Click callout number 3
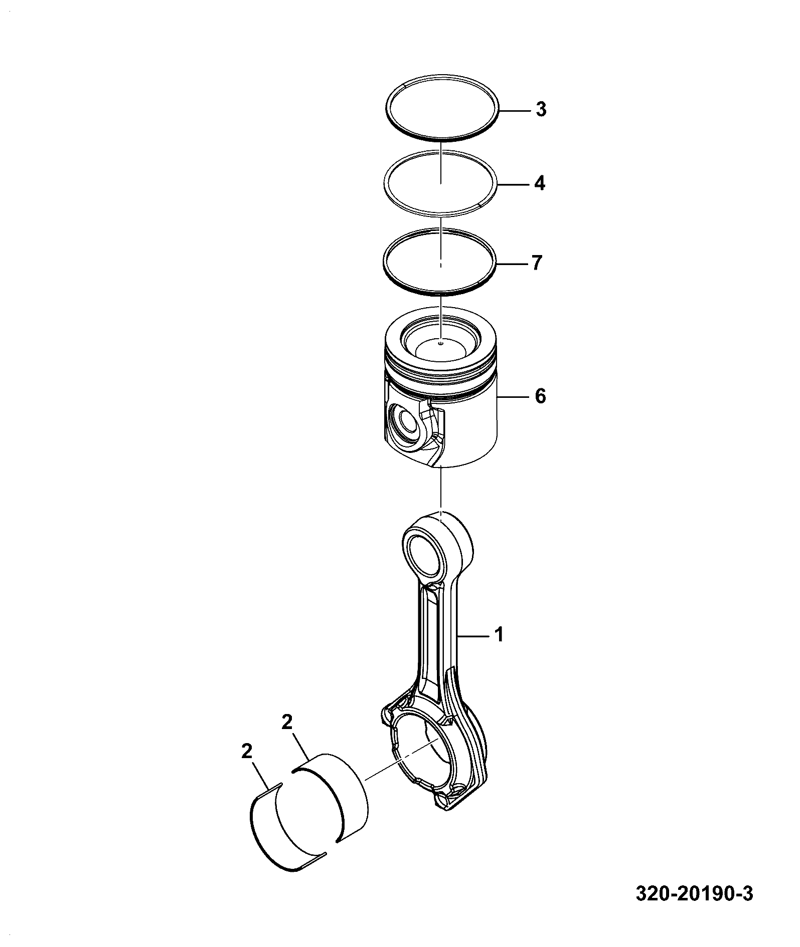tap(540, 110)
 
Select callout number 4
tap(539, 184)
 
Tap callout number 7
tap(537, 263)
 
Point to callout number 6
tap(540, 397)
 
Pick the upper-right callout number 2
tap(286, 722)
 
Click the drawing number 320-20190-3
tap(695, 908)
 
